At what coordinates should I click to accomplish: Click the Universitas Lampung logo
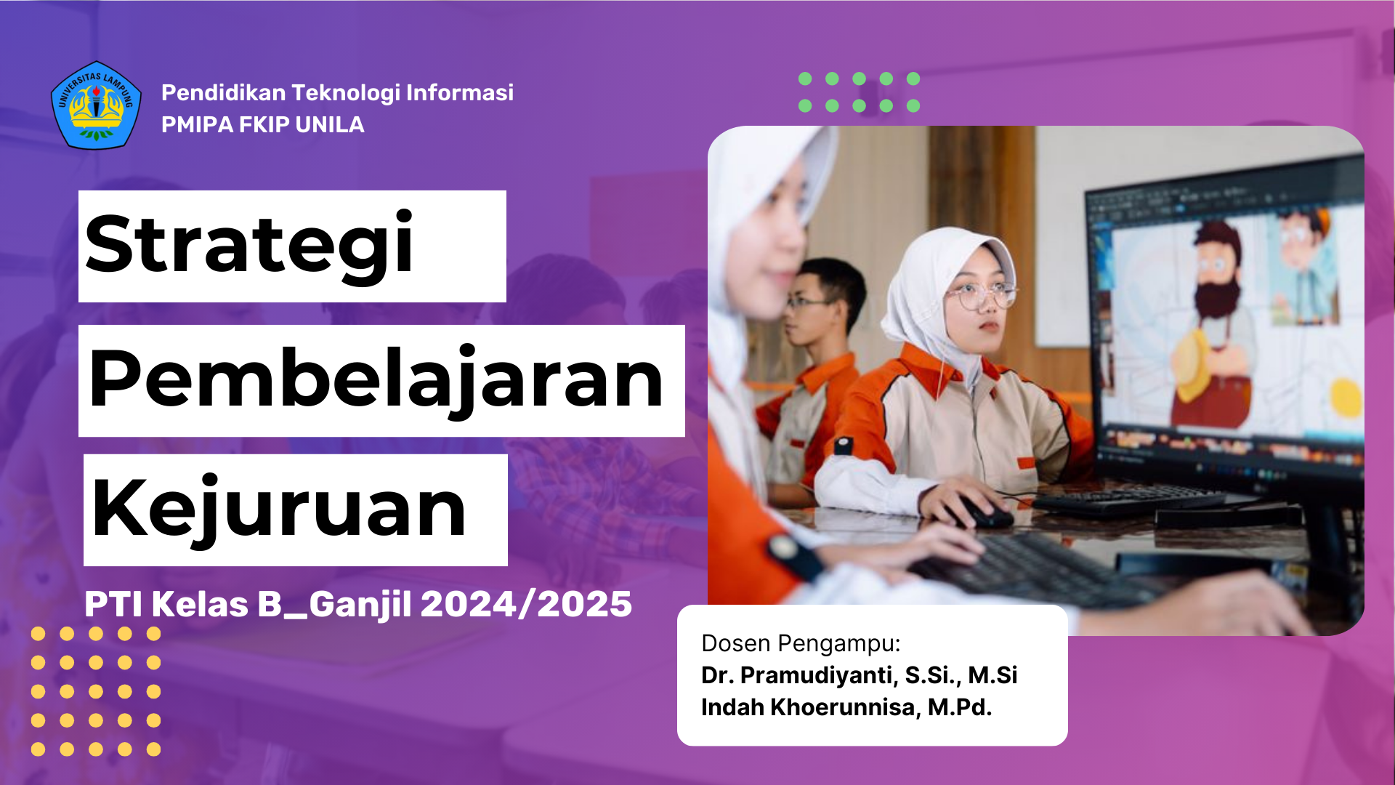click(x=96, y=105)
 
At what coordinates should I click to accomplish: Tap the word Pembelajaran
click(x=376, y=380)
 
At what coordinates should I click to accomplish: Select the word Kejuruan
click(x=279, y=509)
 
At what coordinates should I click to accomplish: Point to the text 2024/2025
click(x=526, y=604)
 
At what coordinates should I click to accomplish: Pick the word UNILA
click(x=330, y=125)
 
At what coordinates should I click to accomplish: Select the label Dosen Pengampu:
click(x=801, y=644)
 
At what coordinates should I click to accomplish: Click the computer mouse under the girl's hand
click(x=984, y=514)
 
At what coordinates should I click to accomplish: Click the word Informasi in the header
click(x=460, y=93)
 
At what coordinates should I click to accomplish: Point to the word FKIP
click(x=264, y=125)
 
